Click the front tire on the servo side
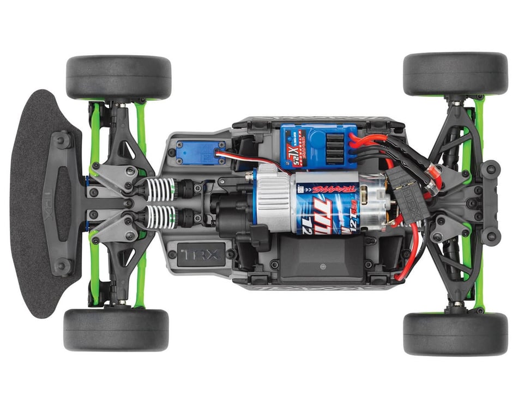pyautogui.click(x=118, y=77)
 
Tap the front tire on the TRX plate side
pyautogui.click(x=116, y=330)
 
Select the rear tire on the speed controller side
pyautogui.click(x=455, y=74)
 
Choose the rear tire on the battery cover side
pyautogui.click(x=455, y=333)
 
